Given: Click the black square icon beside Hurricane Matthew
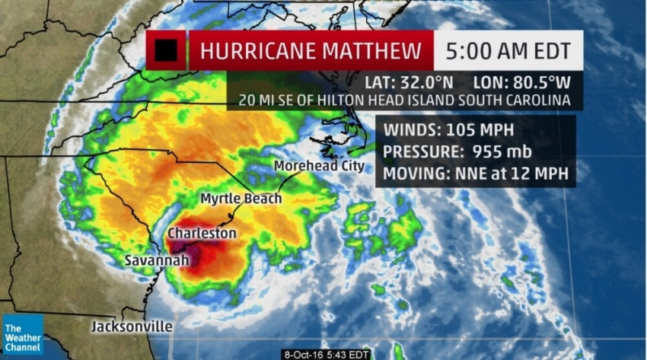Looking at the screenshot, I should click(166, 50).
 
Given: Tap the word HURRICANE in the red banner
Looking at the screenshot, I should click(256, 52).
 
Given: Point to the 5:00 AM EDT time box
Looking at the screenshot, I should click(508, 52).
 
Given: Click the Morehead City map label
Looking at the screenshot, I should click(319, 166).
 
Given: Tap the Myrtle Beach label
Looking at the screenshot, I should click(241, 199).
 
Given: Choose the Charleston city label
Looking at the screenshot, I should click(202, 233).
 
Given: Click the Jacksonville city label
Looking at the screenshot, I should click(132, 327).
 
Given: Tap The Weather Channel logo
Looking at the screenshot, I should click(22, 335).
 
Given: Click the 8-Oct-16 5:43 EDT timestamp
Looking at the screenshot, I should click(328, 354).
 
